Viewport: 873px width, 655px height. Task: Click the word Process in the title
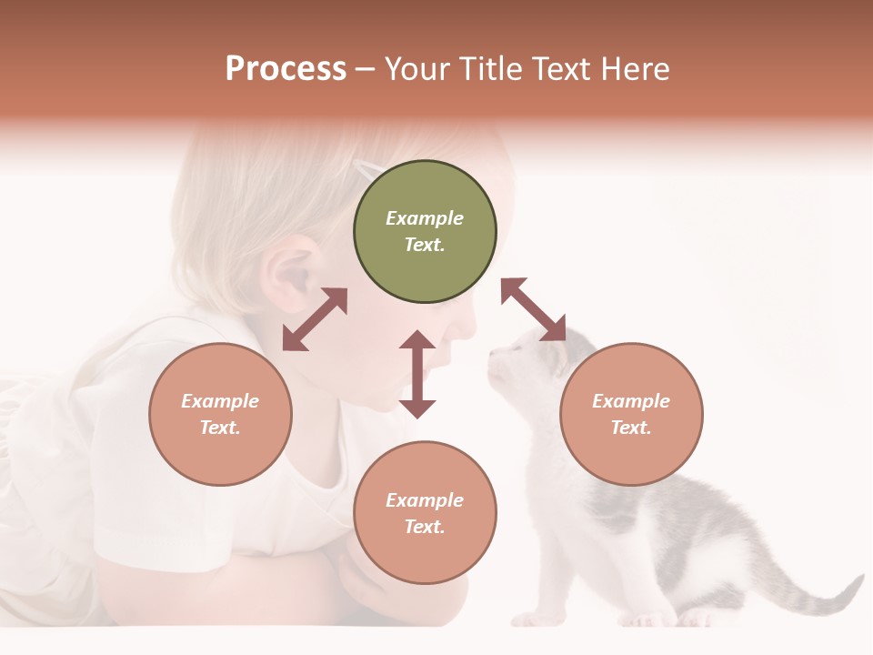click(286, 69)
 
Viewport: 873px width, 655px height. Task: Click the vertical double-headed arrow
click(417, 374)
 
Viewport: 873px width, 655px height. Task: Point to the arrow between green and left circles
click(315, 319)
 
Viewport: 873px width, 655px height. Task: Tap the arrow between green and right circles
click(533, 309)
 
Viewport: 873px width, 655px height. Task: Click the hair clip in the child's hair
click(368, 167)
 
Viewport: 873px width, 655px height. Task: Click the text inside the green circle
click(425, 231)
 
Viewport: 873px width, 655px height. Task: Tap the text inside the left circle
click(220, 414)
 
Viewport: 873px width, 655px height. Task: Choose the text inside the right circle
click(631, 414)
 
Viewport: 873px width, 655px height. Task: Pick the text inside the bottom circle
click(425, 513)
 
